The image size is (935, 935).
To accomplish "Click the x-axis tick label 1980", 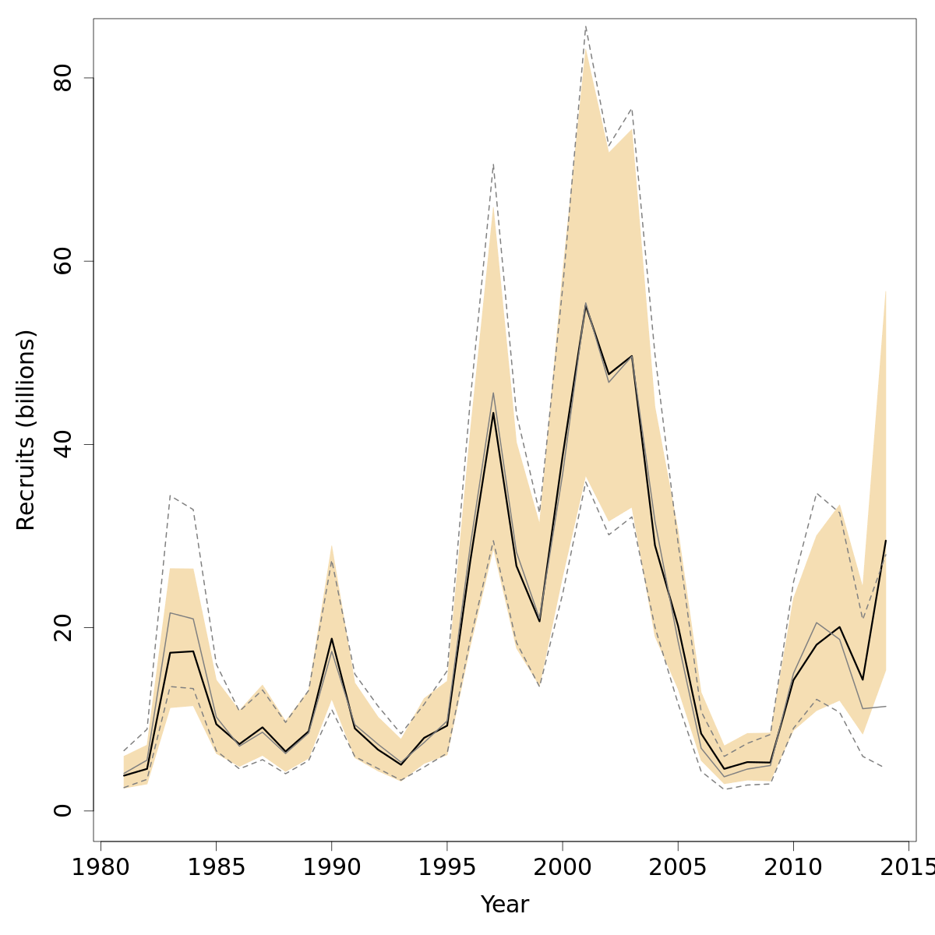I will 101,867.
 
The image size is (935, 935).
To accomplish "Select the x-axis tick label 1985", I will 216,867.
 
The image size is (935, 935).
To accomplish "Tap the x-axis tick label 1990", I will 331,867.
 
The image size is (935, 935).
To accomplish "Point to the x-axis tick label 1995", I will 447,867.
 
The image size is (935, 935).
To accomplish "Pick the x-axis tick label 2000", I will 563,867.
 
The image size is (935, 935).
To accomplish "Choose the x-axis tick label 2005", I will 678,867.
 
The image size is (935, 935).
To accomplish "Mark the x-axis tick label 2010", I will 793,867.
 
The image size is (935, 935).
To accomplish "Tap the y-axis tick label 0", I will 62,810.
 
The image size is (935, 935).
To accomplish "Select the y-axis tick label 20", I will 62,627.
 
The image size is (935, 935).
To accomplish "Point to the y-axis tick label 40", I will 62,444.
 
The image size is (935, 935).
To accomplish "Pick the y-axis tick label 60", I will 62,261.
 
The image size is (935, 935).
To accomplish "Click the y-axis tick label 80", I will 62,78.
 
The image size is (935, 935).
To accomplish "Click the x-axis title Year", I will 505,905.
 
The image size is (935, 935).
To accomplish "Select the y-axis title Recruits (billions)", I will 26,430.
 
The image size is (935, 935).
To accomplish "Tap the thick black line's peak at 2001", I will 585,305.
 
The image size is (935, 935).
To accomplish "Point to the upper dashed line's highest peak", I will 585,26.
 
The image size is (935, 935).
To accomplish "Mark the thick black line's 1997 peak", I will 493,413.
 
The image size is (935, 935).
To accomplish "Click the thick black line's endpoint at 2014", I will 886,540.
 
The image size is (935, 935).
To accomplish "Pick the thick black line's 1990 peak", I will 331,639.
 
